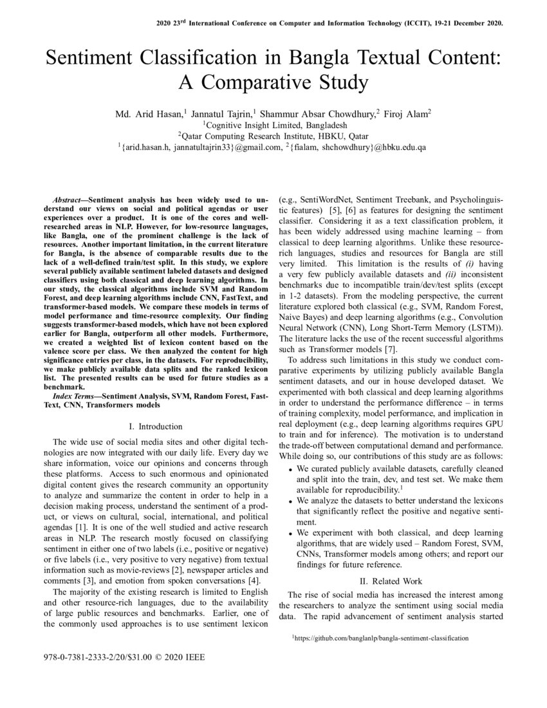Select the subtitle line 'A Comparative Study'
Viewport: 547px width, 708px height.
click(x=273, y=83)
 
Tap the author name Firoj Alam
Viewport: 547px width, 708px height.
click(x=407, y=114)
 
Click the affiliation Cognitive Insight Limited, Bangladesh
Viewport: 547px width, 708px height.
click(x=275, y=126)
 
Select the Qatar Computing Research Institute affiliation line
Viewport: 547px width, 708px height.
click(x=273, y=136)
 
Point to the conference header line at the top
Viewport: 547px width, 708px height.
click(x=329, y=23)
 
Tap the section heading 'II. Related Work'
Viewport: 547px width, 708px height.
click(x=391, y=581)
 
